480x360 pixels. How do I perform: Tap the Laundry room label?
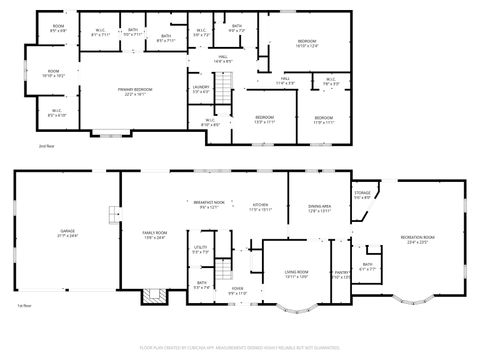[x=200, y=89]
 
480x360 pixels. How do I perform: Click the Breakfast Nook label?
[x=208, y=204]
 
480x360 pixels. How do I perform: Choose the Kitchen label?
[x=261, y=206]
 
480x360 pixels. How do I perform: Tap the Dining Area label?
[x=320, y=208]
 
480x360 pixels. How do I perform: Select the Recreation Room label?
[x=421, y=239]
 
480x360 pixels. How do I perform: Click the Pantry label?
[x=341, y=274]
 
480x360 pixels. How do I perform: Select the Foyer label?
[x=238, y=290]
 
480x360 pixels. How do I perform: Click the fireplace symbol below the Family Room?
[x=152, y=296]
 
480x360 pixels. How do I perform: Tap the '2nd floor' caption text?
[x=46, y=147]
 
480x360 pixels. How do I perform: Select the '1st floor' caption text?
[x=24, y=305]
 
